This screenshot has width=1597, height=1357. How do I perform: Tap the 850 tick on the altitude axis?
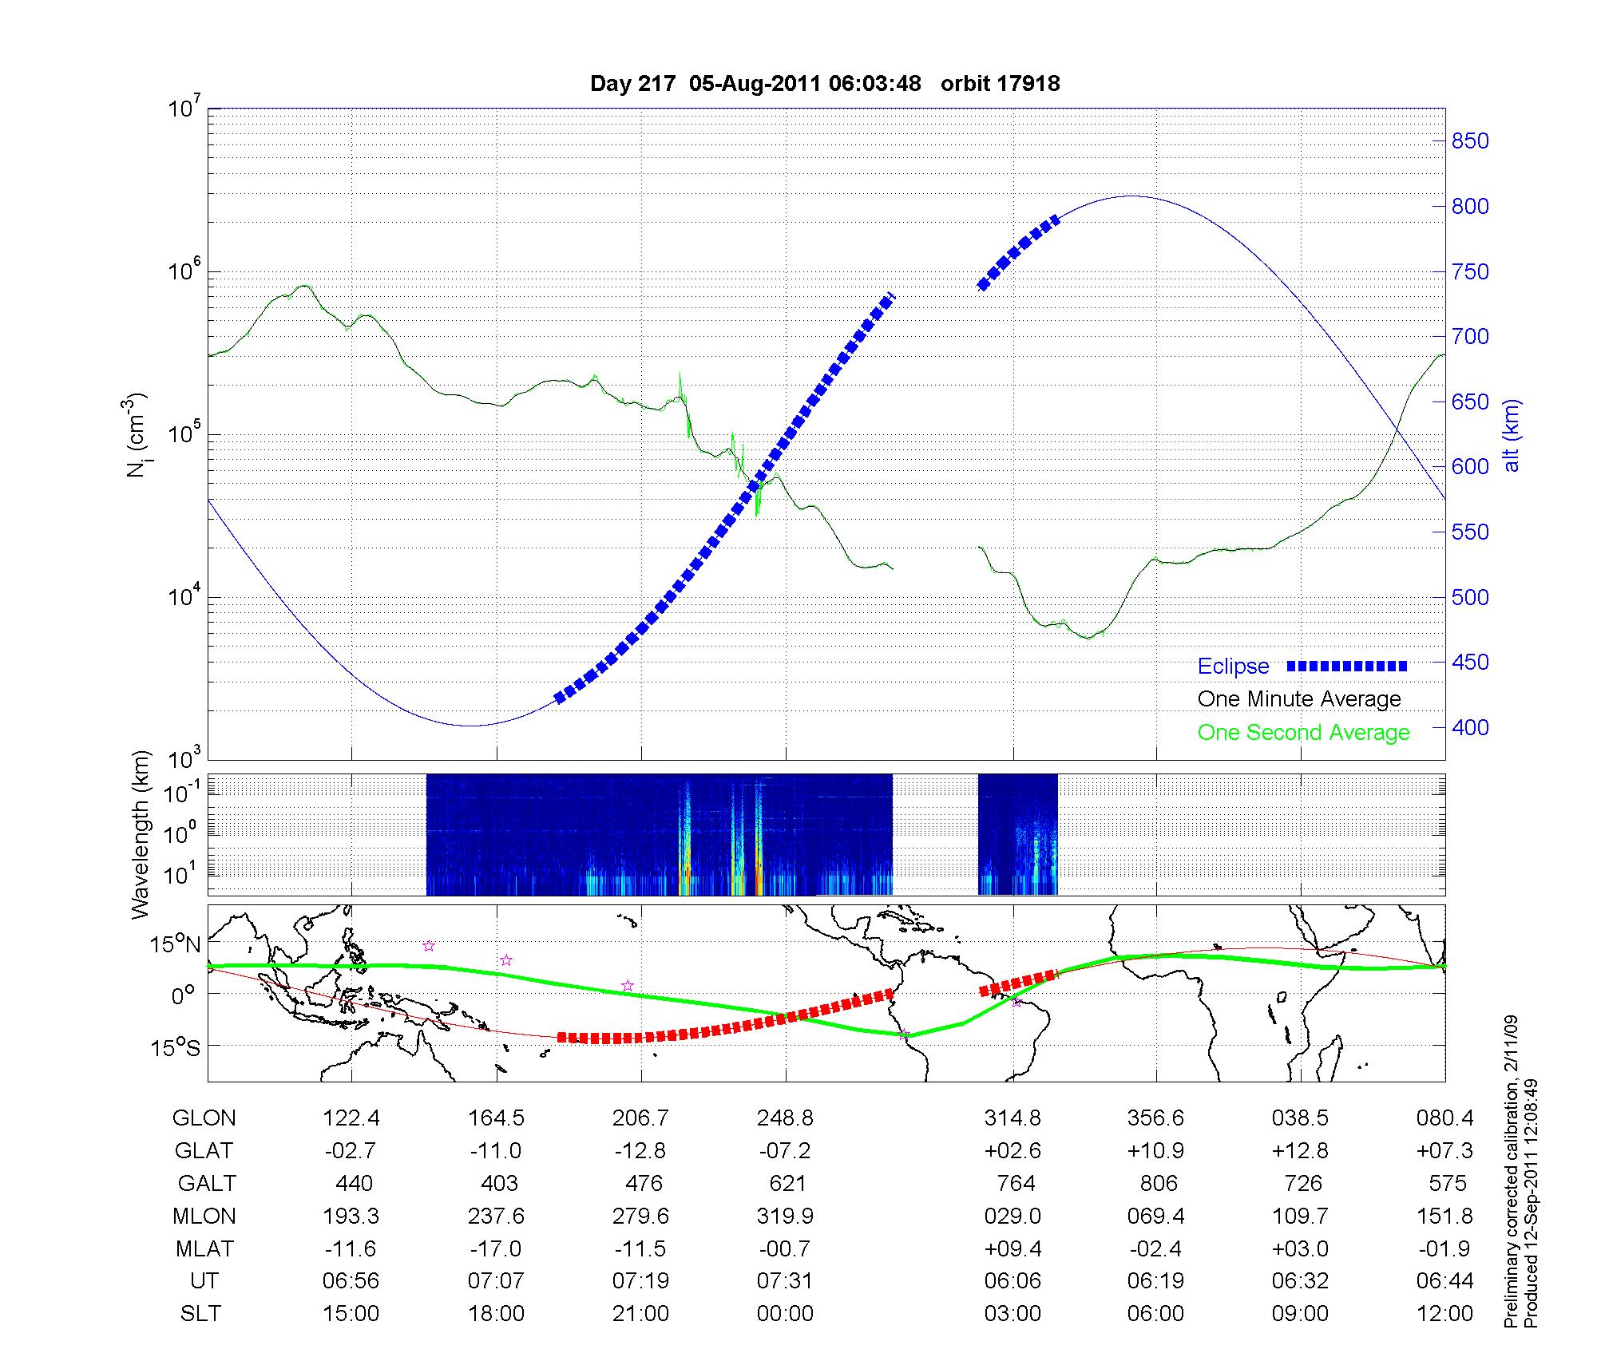[1470, 141]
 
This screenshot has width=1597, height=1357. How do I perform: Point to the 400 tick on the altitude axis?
[1470, 727]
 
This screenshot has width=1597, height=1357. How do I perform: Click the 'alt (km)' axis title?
[1512, 436]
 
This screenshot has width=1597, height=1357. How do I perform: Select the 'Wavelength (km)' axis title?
[141, 834]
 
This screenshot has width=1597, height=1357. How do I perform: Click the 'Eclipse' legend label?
[1233, 667]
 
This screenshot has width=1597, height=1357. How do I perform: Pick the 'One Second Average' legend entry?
[1303, 733]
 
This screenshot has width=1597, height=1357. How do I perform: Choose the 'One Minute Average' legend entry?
[1299, 699]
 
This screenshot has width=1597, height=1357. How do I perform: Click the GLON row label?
[204, 1118]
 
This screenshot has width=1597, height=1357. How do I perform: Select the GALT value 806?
[1159, 1183]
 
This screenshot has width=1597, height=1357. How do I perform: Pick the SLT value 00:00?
[785, 1314]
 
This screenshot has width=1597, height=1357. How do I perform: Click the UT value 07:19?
[640, 1281]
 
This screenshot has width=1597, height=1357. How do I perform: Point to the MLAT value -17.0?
[496, 1248]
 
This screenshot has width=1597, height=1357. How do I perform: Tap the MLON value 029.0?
[1012, 1216]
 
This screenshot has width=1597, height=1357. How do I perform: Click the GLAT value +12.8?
[1301, 1151]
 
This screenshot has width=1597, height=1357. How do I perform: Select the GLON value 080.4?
[1445, 1118]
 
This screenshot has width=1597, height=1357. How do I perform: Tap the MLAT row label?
[204, 1248]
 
